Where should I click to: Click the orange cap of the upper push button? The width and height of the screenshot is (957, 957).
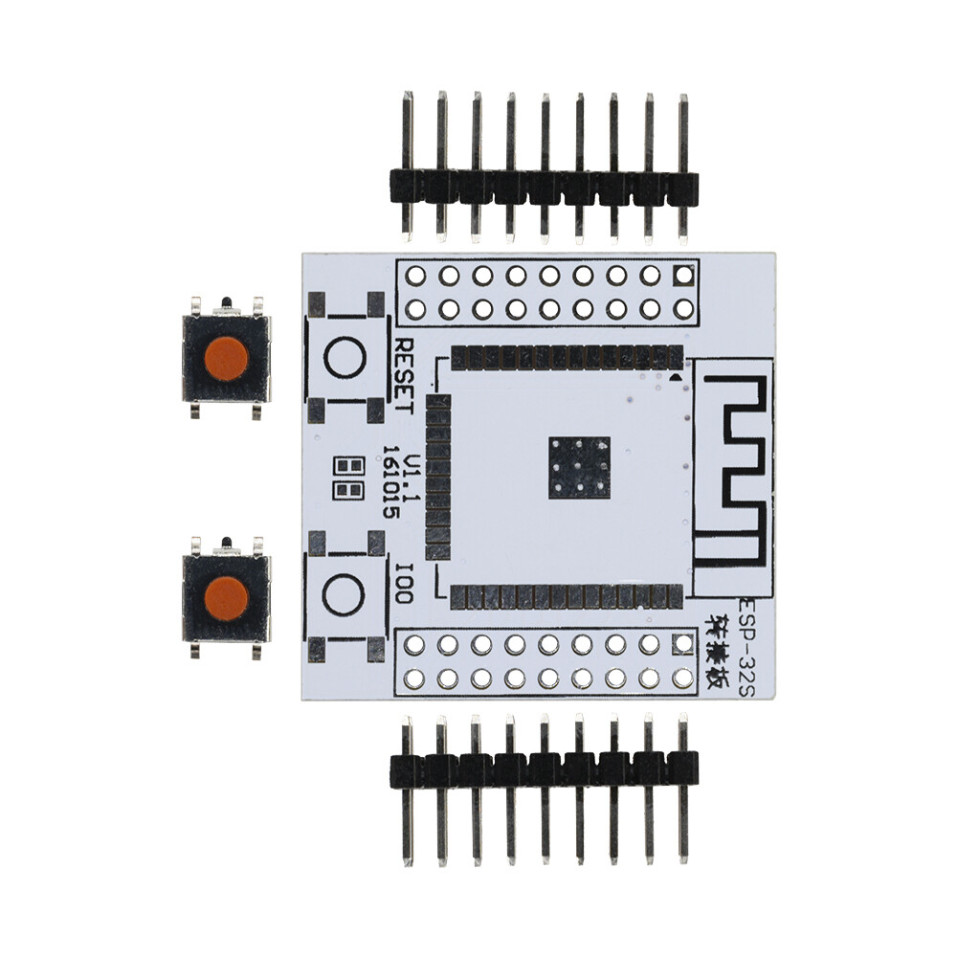coord(226,358)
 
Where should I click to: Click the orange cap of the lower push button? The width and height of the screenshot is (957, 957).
coord(226,598)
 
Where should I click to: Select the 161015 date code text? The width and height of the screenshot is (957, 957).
coord(390,481)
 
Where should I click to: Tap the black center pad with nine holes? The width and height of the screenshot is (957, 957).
coord(579,467)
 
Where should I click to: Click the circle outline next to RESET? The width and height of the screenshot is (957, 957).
coord(345,358)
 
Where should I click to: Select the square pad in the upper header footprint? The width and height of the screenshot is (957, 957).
coord(682,276)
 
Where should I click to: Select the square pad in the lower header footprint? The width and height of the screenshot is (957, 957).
coord(682,645)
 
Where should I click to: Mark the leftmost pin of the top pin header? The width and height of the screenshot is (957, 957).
coord(408,134)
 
